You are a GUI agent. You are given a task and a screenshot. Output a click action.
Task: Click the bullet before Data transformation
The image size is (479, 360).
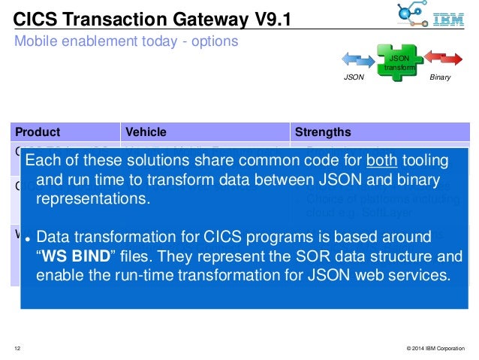tap(27, 239)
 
